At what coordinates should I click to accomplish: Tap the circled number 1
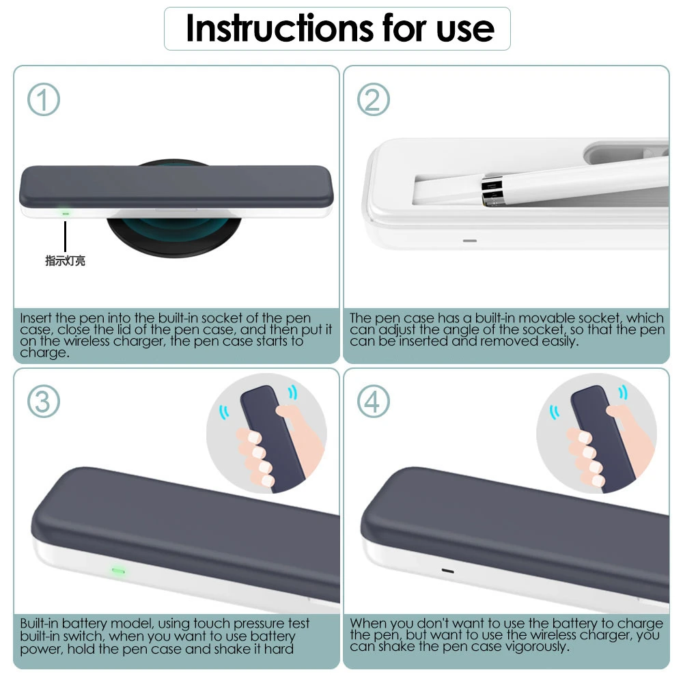(x=44, y=99)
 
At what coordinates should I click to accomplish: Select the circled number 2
(x=374, y=99)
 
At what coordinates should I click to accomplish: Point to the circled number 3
(x=44, y=401)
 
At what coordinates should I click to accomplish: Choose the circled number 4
(x=374, y=401)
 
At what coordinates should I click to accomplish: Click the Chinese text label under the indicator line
(x=66, y=260)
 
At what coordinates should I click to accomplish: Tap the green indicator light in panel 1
(x=66, y=213)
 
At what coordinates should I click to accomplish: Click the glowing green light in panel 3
(x=118, y=570)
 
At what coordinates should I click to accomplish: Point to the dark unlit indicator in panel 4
(x=448, y=570)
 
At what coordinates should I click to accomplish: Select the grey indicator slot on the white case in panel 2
(x=470, y=240)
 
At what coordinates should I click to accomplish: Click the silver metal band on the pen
(x=492, y=191)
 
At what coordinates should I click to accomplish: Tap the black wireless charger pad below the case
(x=174, y=235)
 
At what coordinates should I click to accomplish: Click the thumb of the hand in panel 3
(x=289, y=413)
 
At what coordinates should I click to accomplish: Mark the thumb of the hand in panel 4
(x=619, y=413)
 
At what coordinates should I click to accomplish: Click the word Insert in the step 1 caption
(x=36, y=318)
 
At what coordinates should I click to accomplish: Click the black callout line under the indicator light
(x=66, y=236)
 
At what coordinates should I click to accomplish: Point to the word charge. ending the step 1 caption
(x=45, y=352)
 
